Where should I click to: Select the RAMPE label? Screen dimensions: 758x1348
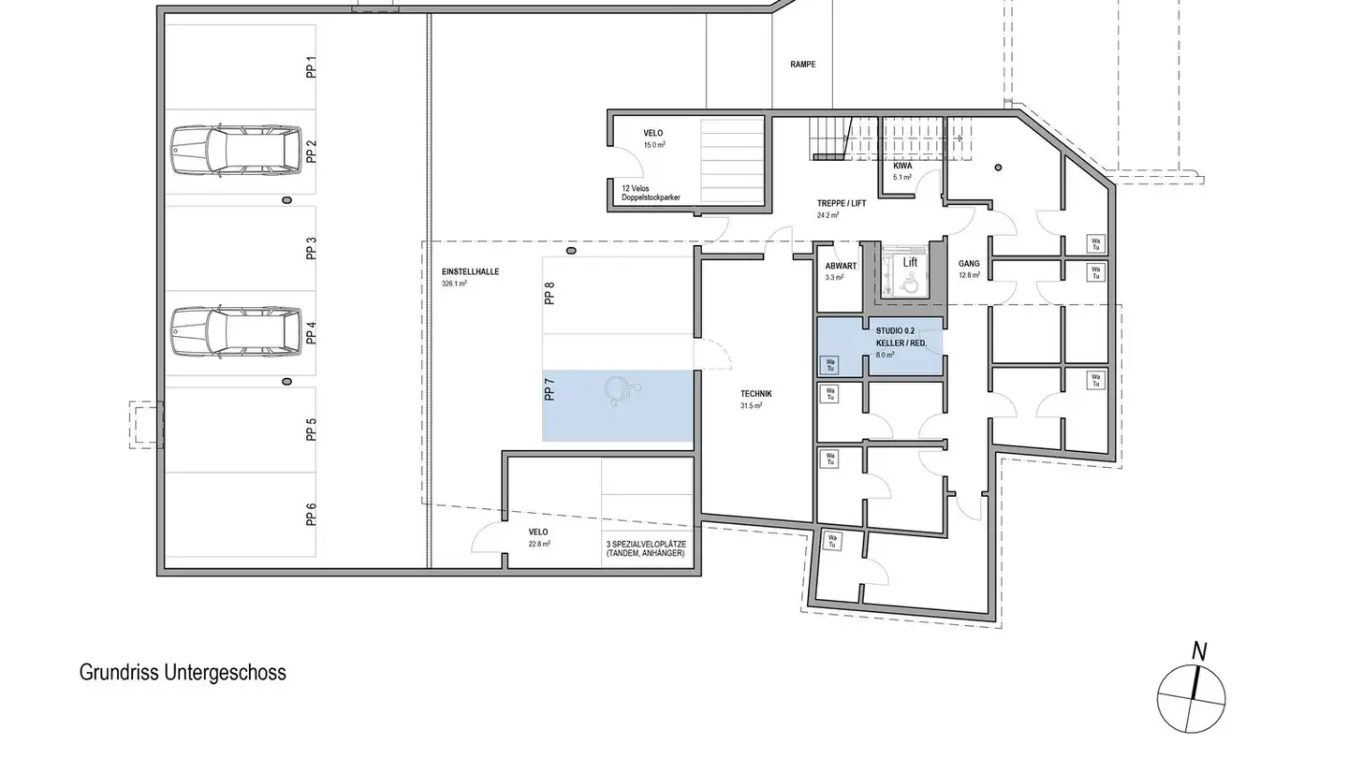click(x=802, y=65)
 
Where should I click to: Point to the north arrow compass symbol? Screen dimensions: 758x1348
click(x=1192, y=693)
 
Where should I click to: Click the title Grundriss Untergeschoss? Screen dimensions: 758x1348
click(x=183, y=673)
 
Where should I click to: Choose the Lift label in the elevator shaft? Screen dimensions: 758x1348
click(x=910, y=263)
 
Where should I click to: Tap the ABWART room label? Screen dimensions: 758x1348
click(x=841, y=266)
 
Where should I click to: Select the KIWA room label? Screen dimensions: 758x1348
click(x=902, y=165)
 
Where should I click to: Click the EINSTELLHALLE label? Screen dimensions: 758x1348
click(x=470, y=271)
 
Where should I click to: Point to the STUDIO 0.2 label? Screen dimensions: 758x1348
click(x=895, y=331)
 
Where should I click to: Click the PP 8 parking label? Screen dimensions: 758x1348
click(x=550, y=293)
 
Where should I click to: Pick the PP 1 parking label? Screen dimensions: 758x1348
click(x=312, y=67)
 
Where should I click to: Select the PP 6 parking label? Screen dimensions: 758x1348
click(x=312, y=515)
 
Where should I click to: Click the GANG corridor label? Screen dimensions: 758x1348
click(x=969, y=264)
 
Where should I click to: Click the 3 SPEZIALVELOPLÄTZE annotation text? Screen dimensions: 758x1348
click(x=646, y=548)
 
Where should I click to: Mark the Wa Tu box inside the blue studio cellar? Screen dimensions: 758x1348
click(x=828, y=364)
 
